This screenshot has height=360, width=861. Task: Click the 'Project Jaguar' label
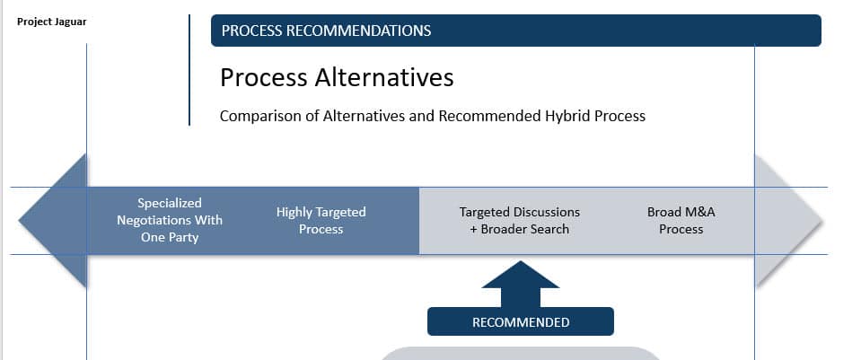51,22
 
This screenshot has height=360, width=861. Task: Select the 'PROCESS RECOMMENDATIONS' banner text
326,31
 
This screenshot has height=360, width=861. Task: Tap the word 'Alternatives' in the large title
384,77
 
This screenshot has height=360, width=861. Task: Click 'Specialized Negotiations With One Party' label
170,220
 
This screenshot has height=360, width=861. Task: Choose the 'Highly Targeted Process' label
321,221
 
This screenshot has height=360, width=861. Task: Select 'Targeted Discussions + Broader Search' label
520,221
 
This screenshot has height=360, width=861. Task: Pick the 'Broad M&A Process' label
681,221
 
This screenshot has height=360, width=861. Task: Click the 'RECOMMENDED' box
521,321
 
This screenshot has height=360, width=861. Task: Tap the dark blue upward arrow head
520,276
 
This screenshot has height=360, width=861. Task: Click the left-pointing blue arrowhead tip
19,221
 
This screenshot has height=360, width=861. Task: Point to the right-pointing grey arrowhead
789,221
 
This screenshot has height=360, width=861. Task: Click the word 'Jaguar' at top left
70,22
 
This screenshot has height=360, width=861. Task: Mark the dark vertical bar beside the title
189,70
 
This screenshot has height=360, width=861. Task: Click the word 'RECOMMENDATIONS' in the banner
358,31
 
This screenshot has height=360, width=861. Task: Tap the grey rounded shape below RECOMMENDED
520,354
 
